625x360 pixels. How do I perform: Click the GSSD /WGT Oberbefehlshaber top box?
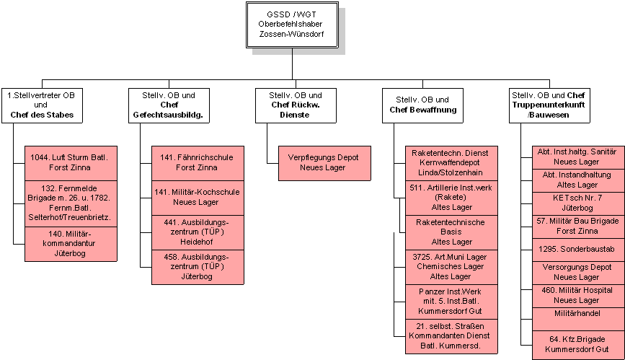click(292, 25)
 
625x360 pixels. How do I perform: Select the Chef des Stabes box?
click(43, 105)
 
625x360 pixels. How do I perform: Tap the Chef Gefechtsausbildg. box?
click(169, 105)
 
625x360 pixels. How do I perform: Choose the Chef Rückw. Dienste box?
click(296, 105)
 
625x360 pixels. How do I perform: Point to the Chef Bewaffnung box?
click(422, 105)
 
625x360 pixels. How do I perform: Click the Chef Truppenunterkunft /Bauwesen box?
click(549, 105)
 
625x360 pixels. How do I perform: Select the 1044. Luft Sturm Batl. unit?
click(71, 163)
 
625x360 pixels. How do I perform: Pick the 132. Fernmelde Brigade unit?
click(71, 203)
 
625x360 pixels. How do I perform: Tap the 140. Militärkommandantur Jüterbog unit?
click(71, 245)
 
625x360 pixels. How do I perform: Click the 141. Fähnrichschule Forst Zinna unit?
click(198, 163)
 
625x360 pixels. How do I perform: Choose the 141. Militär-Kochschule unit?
click(198, 198)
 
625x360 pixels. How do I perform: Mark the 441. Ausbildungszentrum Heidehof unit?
click(198, 232)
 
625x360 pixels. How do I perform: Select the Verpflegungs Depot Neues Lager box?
click(324, 163)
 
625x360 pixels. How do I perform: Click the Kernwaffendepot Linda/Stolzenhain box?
click(451, 163)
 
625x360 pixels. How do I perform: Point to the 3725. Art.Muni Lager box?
click(451, 267)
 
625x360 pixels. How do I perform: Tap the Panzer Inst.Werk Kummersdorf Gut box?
click(451, 302)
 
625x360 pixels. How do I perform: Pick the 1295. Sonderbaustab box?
click(578, 250)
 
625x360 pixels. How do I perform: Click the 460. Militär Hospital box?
click(578, 296)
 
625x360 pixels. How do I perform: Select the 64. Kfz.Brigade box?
click(578, 345)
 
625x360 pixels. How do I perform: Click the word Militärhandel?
click(577, 313)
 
